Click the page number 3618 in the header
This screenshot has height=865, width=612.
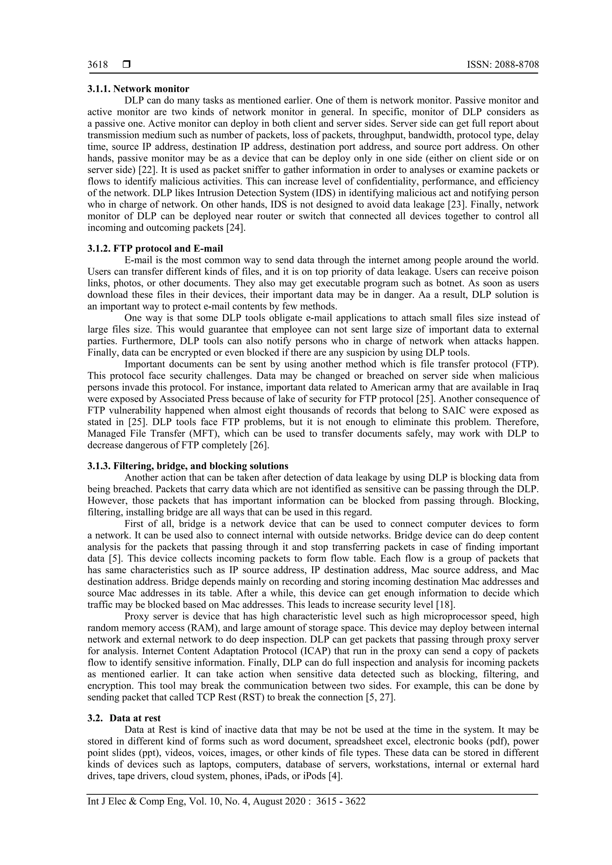pos(98,65)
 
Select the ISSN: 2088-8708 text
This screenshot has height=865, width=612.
pos(503,65)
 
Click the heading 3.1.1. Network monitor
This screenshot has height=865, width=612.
pos(138,89)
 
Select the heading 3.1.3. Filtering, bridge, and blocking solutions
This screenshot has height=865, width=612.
pos(188,466)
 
